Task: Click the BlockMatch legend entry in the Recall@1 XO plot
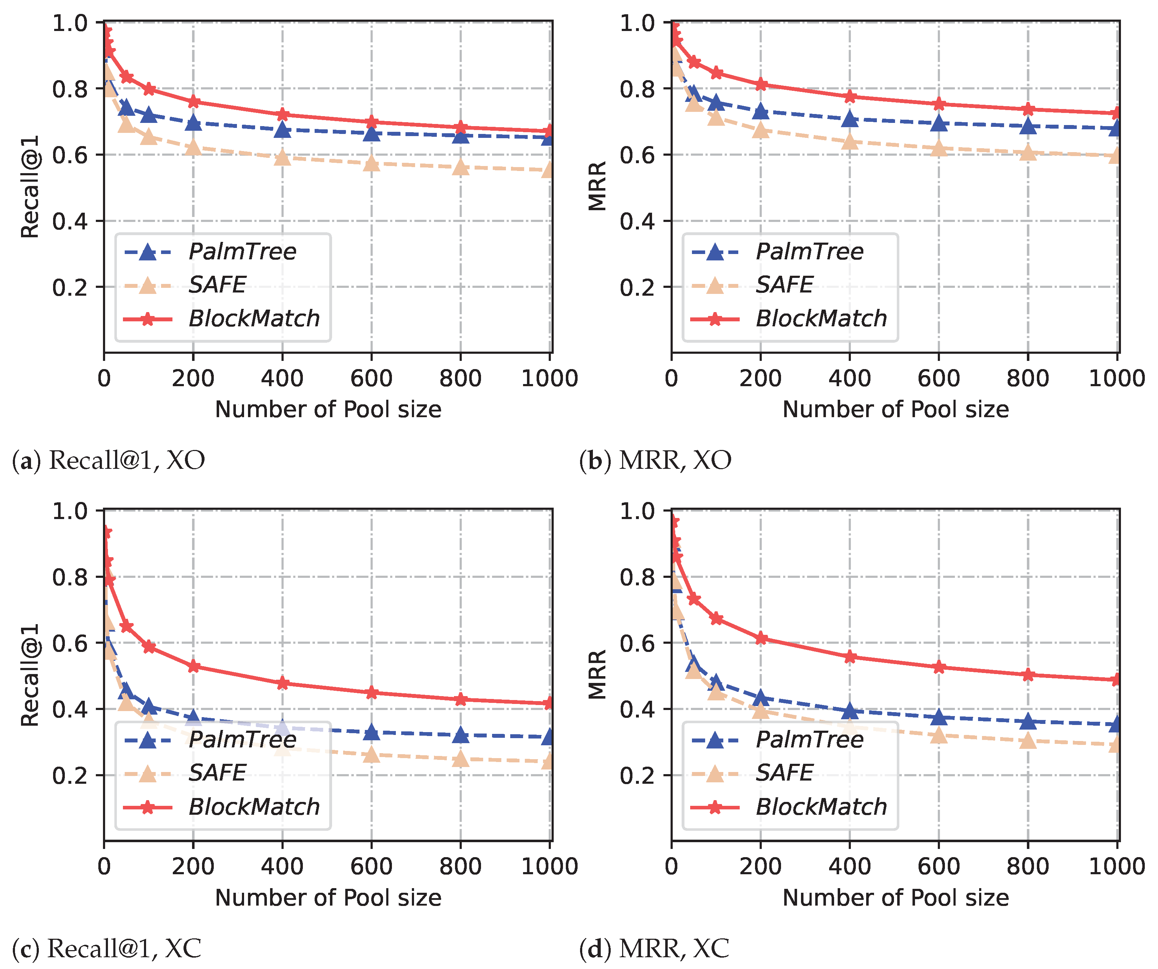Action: coord(254,318)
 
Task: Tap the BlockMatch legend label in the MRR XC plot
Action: coord(821,807)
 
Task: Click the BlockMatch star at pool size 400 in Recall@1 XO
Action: coord(282,115)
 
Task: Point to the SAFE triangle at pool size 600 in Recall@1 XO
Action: coord(372,164)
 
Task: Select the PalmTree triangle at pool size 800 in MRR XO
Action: coord(1028,126)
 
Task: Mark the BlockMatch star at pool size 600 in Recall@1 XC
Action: coord(372,692)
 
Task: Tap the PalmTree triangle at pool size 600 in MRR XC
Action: coord(939,717)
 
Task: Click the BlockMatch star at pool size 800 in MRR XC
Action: coord(1028,675)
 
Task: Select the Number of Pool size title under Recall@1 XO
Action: coord(328,410)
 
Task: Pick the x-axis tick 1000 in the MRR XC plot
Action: coord(1117,866)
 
